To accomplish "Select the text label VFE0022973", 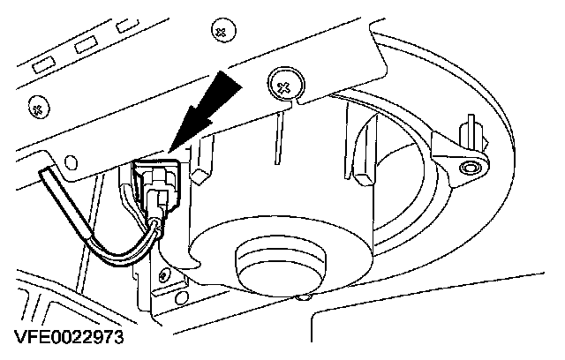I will click(x=68, y=338).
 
